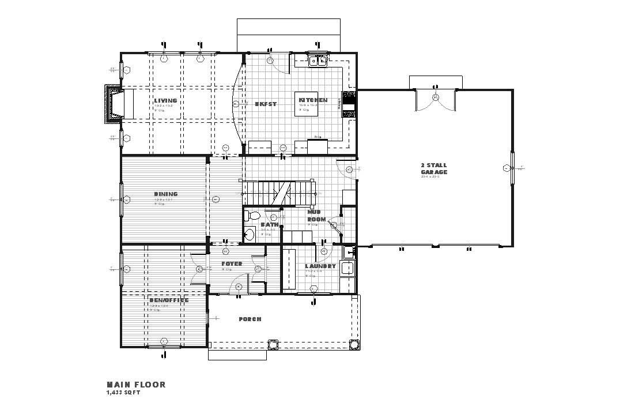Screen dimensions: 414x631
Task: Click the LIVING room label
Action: click(165, 101)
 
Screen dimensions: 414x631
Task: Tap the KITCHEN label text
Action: click(313, 100)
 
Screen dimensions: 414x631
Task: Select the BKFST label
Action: click(266, 104)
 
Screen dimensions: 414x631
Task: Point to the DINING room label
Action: click(165, 194)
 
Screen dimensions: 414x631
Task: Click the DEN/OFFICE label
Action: click(169, 300)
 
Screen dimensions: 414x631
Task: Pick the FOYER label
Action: click(232, 264)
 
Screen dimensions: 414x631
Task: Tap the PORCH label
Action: click(250, 319)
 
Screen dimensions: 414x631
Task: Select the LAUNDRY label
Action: click(320, 266)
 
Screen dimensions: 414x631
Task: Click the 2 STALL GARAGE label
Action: click(433, 169)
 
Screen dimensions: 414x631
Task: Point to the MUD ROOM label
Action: click(316, 216)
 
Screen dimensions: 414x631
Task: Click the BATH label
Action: click(270, 225)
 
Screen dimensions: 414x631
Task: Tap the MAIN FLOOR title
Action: click(136, 385)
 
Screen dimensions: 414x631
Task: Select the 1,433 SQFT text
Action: click(123, 393)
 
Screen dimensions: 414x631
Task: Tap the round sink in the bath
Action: click(250, 235)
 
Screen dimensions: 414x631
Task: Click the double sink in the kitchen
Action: click(318, 60)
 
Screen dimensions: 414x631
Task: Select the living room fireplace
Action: click(114, 104)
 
